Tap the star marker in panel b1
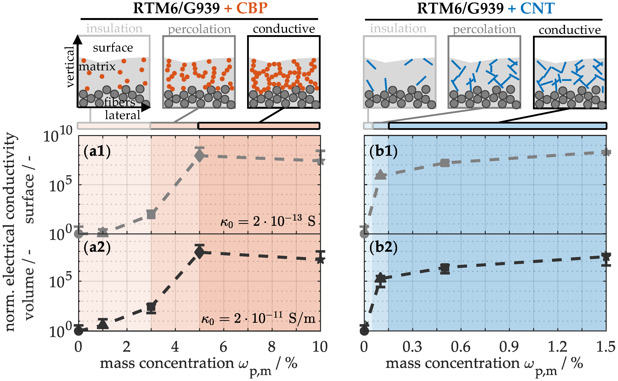click(x=606, y=152)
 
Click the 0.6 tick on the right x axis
click(x=461, y=347)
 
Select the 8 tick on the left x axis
click(x=272, y=347)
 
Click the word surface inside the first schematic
click(x=113, y=48)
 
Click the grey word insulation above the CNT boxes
click(x=398, y=28)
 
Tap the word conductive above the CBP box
click(x=284, y=29)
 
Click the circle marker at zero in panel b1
click(x=364, y=234)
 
